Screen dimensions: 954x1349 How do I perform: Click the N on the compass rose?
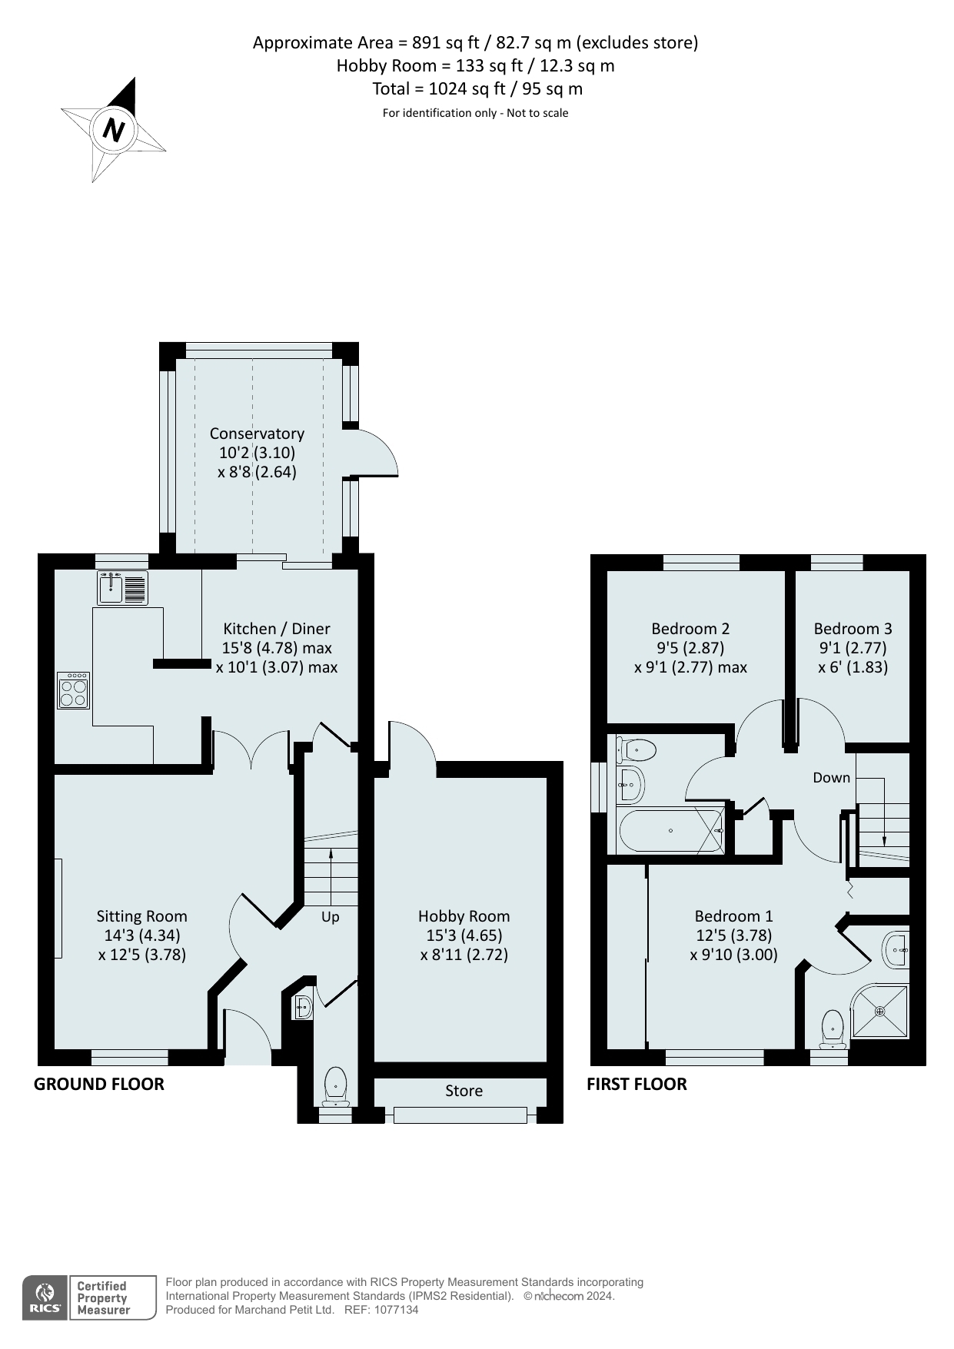[114, 129]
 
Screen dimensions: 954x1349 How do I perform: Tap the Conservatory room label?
[257, 434]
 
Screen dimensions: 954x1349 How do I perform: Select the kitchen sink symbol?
[123, 588]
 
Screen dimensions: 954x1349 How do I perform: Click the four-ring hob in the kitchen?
[74, 690]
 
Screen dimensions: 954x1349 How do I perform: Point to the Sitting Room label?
[141, 916]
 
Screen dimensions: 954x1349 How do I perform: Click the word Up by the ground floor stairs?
[330, 917]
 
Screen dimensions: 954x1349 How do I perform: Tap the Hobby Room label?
[464, 916]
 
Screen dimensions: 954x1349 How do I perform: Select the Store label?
[464, 1091]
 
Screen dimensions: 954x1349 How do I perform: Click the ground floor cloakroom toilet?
[336, 1085]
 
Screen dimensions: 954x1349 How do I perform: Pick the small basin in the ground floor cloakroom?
[303, 1007]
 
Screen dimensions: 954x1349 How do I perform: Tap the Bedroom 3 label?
[853, 629]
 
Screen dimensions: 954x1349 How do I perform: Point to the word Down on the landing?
[832, 778]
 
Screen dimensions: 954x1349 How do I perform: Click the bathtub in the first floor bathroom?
[670, 830]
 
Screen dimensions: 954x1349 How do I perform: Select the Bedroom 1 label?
[733, 916]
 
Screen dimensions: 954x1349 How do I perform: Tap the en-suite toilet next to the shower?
[833, 1029]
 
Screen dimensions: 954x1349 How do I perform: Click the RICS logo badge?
[45, 1298]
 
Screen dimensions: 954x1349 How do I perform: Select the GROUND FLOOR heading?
[99, 1085]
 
